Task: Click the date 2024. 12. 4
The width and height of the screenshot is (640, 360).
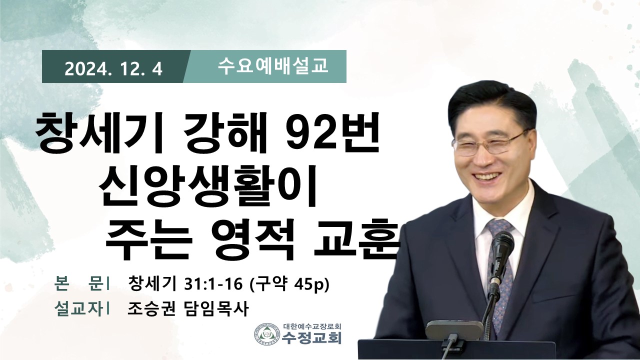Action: (x=113, y=69)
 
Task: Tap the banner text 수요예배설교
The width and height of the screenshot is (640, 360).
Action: (x=273, y=66)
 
